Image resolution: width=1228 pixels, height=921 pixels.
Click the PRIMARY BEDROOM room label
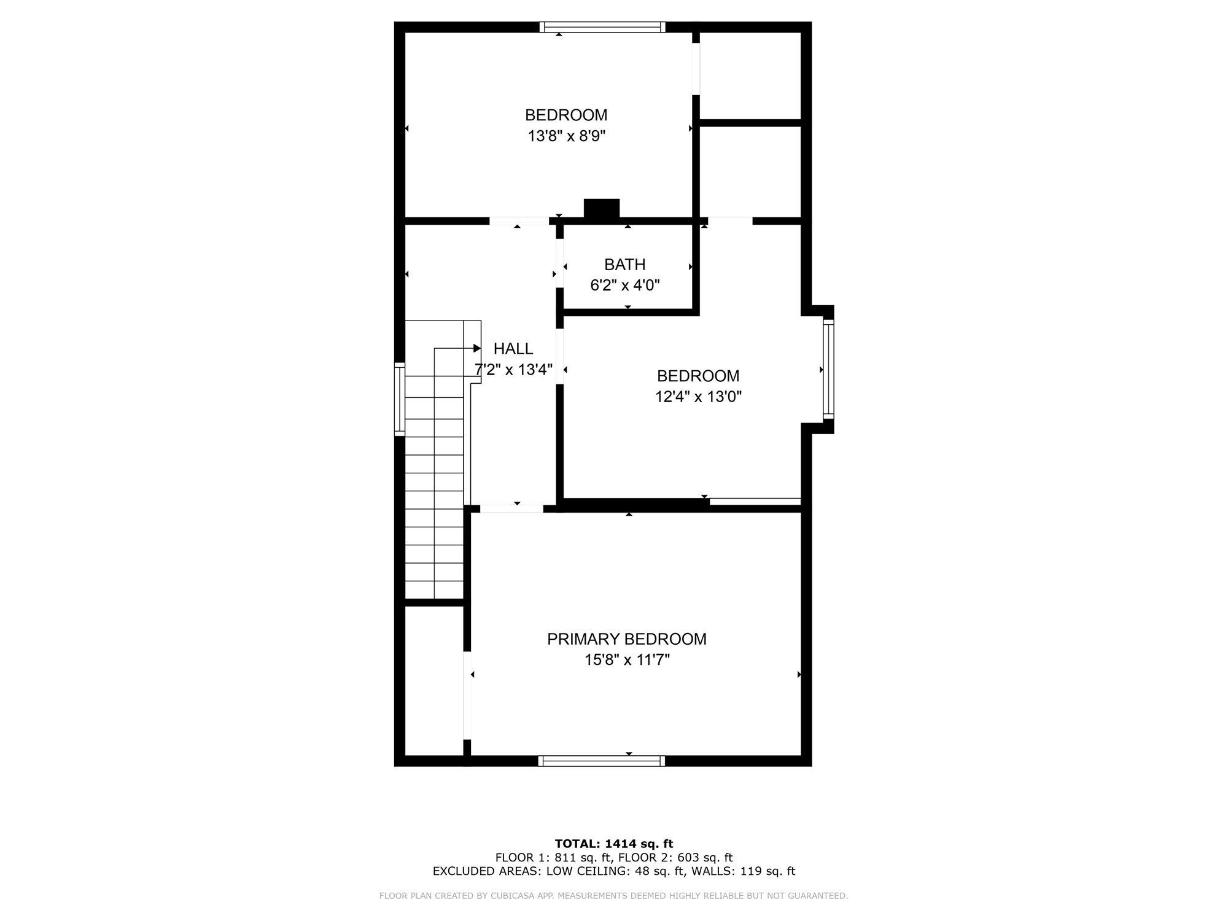626,639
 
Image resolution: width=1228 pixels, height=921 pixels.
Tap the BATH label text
624,265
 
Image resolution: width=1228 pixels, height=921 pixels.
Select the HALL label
513,349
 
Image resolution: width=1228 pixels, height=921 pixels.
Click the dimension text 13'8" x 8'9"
566,136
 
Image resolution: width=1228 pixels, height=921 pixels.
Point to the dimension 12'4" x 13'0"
698,397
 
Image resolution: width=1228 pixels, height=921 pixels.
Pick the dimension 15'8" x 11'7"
626,660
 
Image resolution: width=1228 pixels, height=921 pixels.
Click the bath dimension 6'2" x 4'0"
624,286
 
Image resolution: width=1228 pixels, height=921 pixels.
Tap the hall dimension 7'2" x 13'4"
514,370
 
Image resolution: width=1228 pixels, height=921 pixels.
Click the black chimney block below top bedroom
602,209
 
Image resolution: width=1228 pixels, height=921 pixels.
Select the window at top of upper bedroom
602,27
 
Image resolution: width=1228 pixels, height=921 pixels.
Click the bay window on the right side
828,369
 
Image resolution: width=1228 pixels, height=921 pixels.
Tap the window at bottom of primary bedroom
602,761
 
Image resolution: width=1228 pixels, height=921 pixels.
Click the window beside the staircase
400,399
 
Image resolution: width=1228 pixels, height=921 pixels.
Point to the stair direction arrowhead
477,348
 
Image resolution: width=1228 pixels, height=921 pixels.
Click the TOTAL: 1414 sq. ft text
614,844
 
